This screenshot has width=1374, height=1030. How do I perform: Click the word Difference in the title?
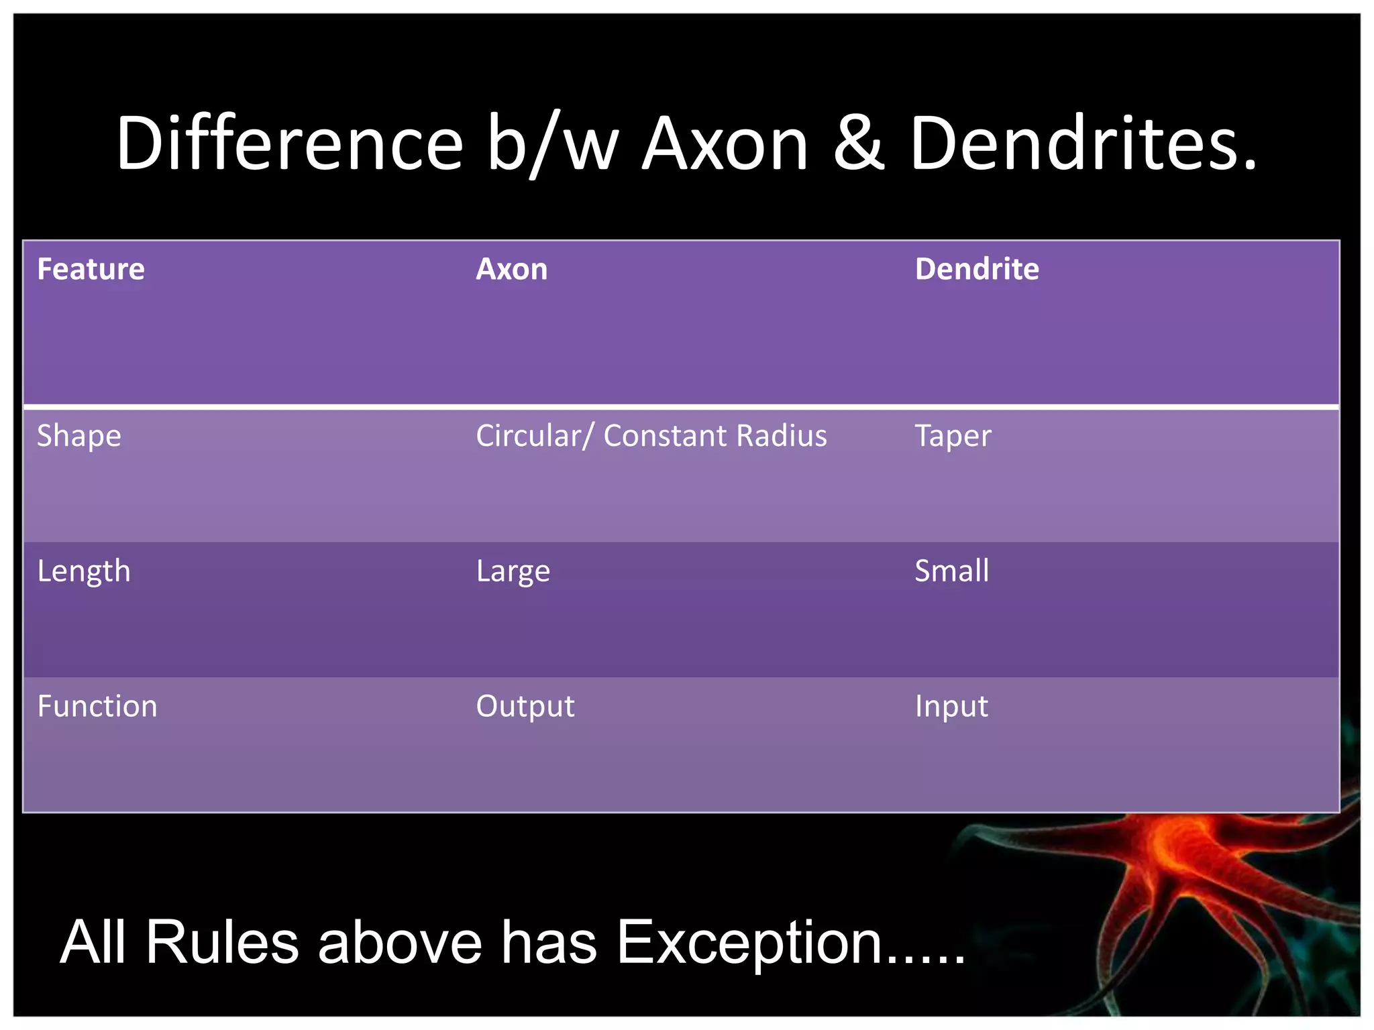(x=289, y=144)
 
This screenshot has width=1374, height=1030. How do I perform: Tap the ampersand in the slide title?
(x=858, y=144)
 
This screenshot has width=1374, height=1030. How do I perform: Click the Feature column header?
(x=91, y=270)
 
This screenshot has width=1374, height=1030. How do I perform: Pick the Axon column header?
(x=511, y=270)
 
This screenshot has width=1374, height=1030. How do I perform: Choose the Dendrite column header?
(x=976, y=270)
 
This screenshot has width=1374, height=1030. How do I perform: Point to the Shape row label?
(x=78, y=437)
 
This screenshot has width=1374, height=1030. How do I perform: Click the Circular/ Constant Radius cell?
(x=651, y=437)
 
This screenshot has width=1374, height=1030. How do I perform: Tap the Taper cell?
(x=953, y=437)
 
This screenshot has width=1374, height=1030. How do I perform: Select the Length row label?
(x=83, y=572)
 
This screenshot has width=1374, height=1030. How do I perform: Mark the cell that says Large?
(x=513, y=572)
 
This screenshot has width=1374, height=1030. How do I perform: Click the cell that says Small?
(x=951, y=572)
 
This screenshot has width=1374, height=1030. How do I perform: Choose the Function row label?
(x=97, y=707)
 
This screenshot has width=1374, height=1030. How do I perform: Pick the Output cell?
(x=525, y=707)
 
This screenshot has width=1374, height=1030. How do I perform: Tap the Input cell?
(x=951, y=707)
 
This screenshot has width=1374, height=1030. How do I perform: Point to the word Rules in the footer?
(x=221, y=943)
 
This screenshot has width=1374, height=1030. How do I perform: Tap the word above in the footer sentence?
(x=400, y=943)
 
